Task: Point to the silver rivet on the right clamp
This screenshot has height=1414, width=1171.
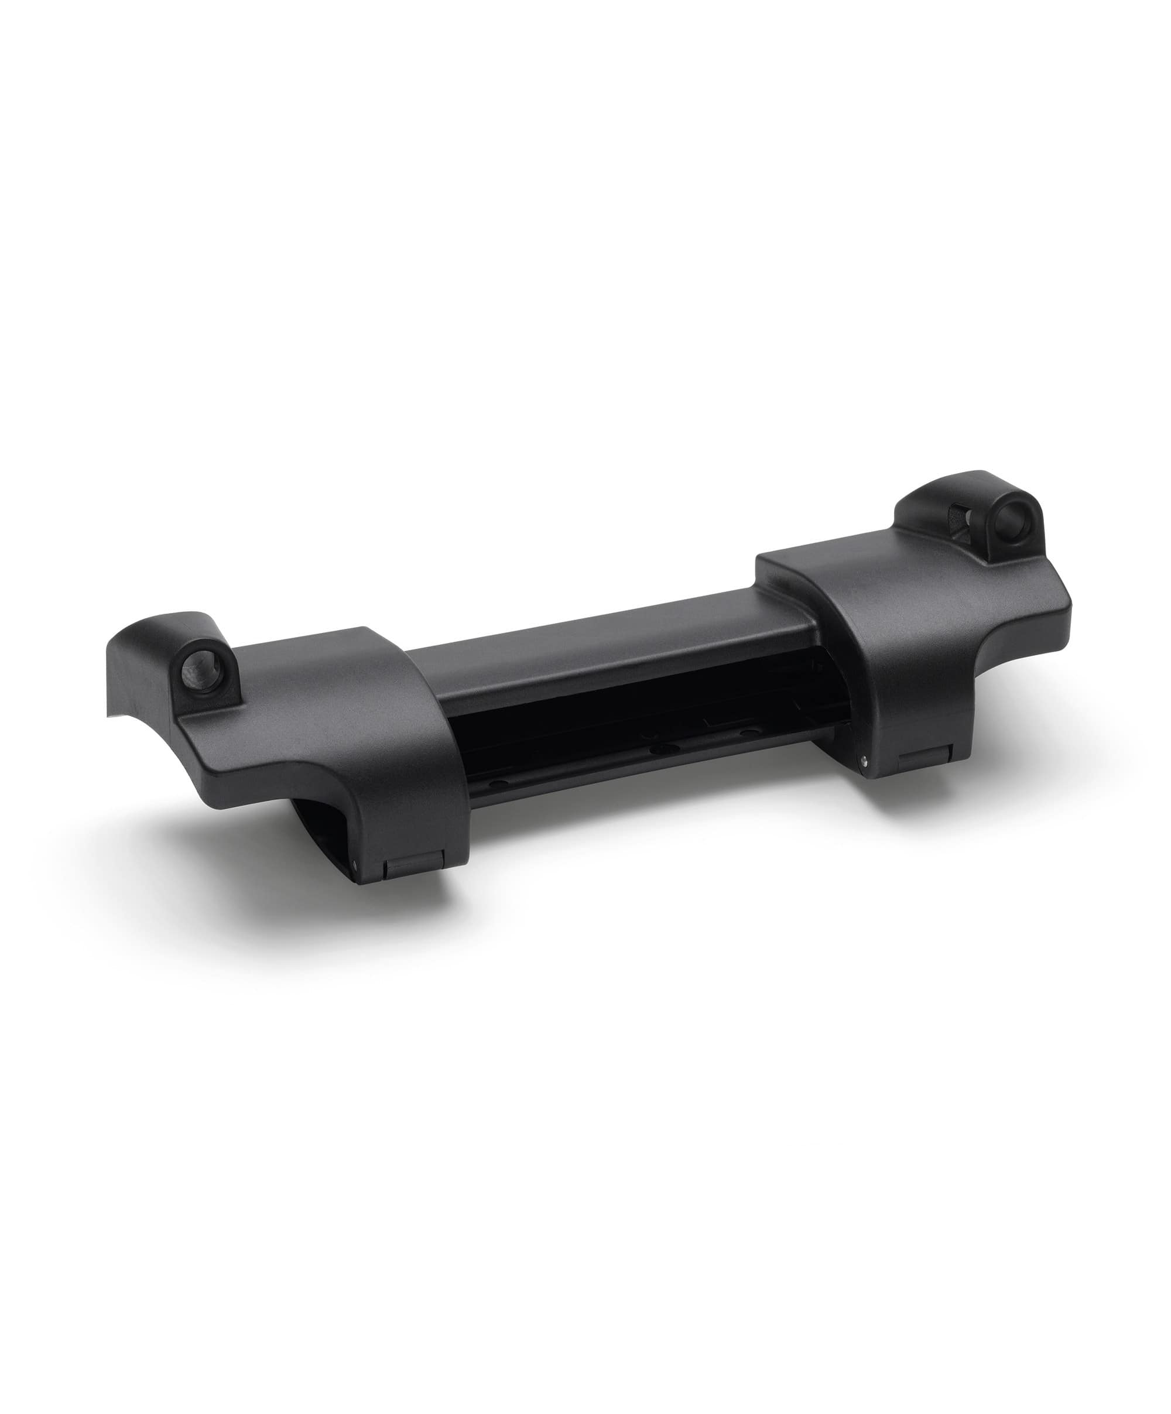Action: [864, 763]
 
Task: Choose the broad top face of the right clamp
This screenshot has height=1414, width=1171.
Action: [875, 606]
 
